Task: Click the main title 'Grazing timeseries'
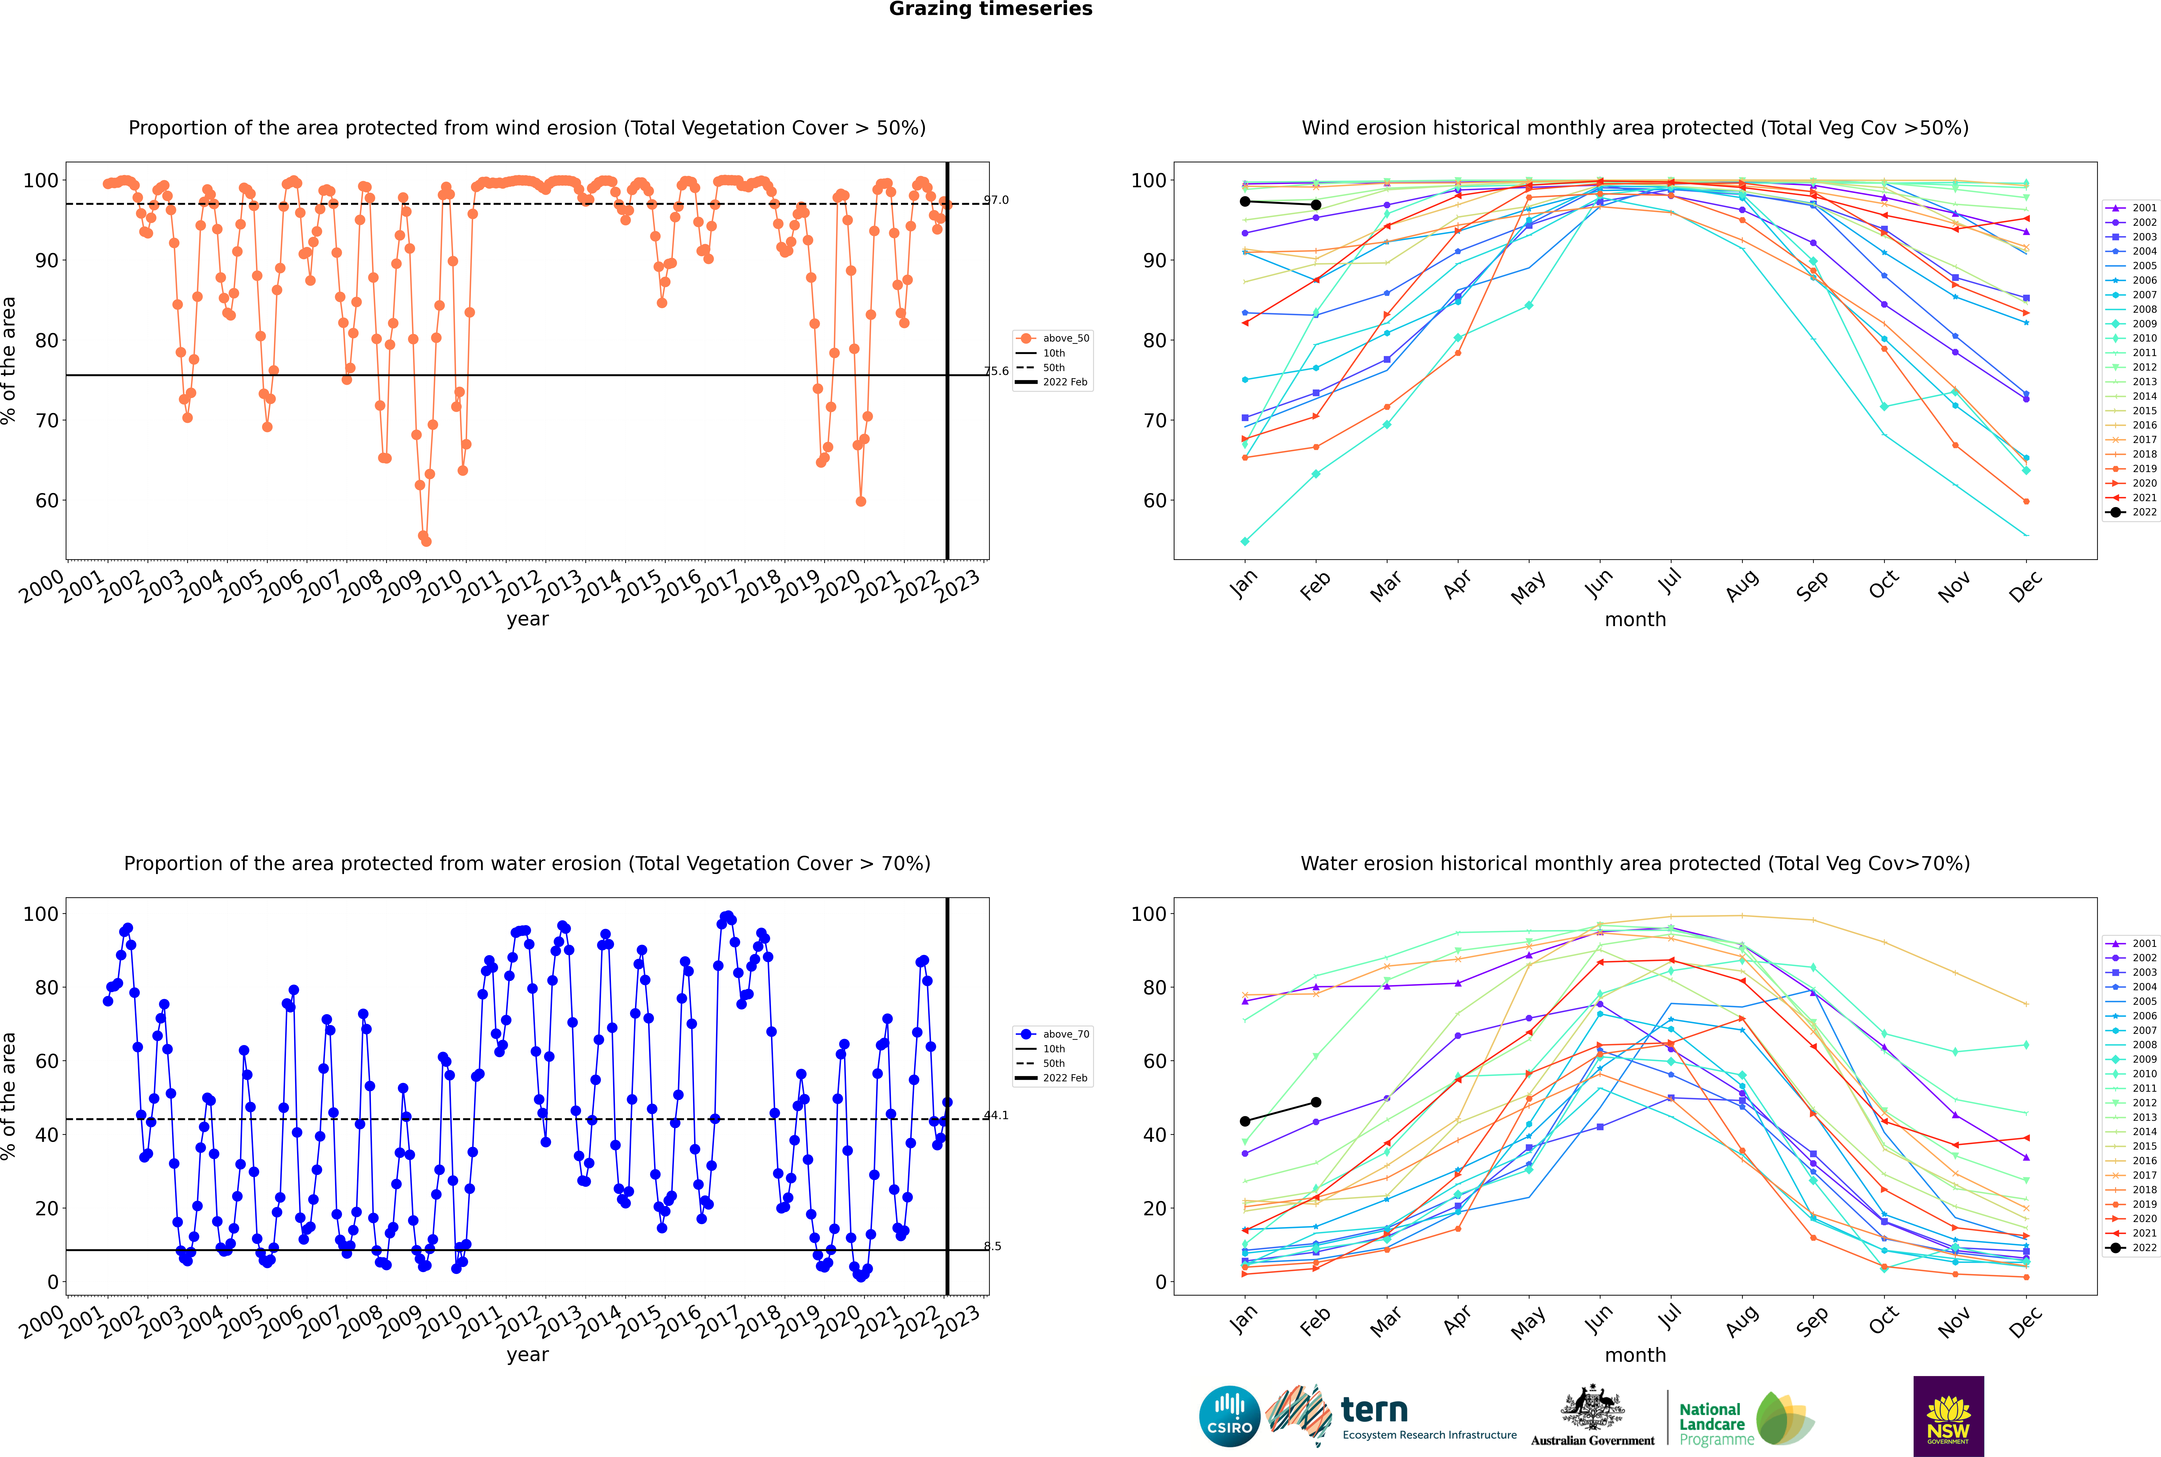click(990, 9)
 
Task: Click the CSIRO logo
click(1229, 1416)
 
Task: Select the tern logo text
click(1374, 1411)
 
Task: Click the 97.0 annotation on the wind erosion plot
click(996, 200)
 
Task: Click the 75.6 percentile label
click(996, 371)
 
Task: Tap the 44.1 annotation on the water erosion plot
click(996, 1115)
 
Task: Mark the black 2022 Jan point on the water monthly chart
click(1245, 1121)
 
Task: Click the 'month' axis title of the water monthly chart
click(1635, 1355)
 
